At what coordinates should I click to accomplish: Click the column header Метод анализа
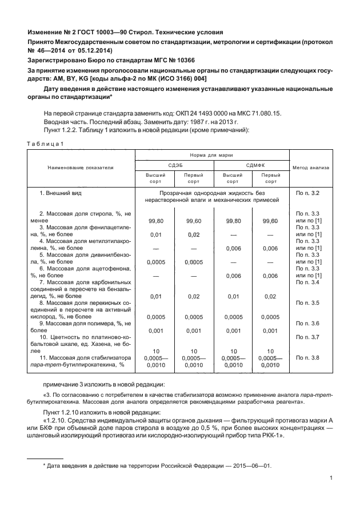[x=311, y=168]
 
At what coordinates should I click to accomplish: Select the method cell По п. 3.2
[x=308, y=193]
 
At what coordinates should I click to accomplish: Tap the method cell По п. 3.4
[x=308, y=282]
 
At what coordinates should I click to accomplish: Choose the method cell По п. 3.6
[x=308, y=323]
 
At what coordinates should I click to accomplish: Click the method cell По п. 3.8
[x=308, y=357]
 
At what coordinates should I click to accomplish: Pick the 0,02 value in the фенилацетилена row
[x=194, y=234]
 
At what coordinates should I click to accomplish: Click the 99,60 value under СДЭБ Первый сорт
[x=194, y=220]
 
